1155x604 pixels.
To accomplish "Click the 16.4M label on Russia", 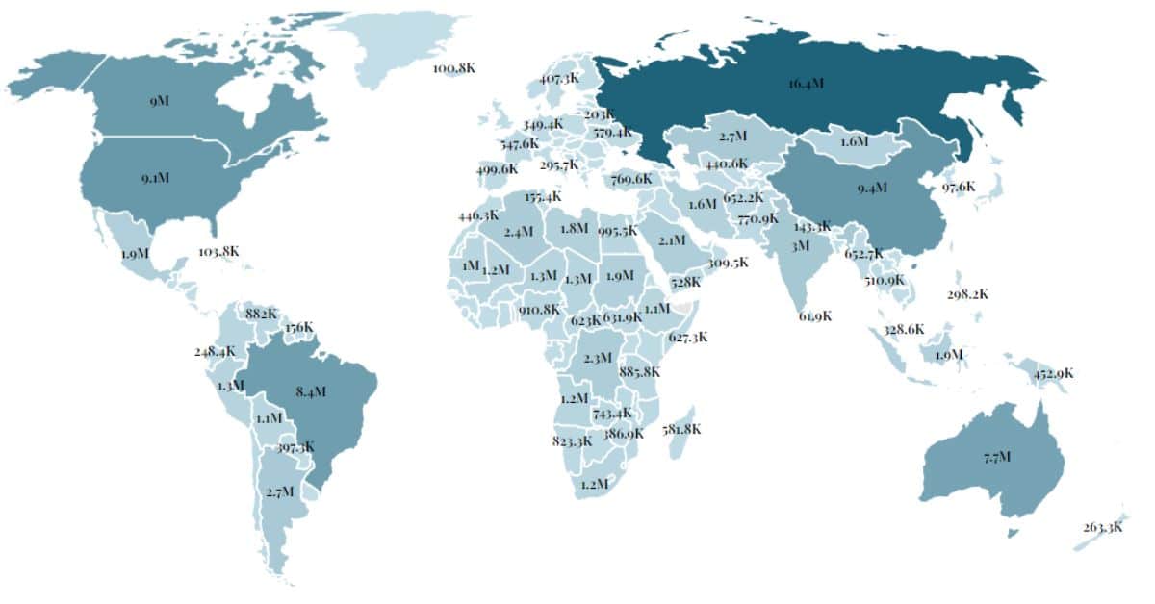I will (x=806, y=84).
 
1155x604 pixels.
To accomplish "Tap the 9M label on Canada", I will (x=160, y=101).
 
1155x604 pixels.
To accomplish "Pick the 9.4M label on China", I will (x=871, y=189).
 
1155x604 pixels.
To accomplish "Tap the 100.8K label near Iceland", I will (x=454, y=68).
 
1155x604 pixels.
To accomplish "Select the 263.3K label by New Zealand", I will (x=1102, y=527).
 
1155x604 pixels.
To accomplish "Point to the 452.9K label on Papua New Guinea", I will (x=1052, y=373).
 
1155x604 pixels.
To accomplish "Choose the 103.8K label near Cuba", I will (x=218, y=251).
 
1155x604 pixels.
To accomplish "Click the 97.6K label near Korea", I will (x=959, y=187).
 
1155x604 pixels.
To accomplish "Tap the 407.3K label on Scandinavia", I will (x=560, y=78).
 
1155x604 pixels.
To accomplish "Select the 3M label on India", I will (x=799, y=246).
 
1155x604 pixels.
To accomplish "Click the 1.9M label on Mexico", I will (x=135, y=254).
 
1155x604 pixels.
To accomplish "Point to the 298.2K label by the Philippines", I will (x=967, y=293).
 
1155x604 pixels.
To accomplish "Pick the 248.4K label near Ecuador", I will (x=215, y=352).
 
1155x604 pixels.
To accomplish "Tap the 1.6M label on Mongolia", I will (x=853, y=141).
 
